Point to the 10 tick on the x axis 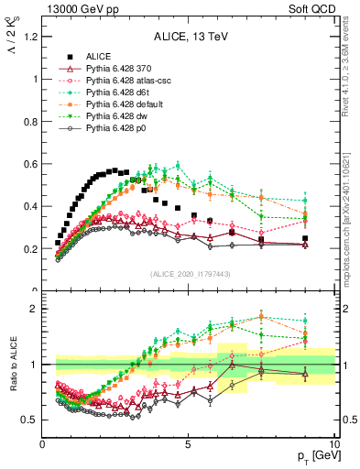(x=333, y=444)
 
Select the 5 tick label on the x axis (x=188, y=444)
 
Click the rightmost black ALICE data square (x=305, y=238)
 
